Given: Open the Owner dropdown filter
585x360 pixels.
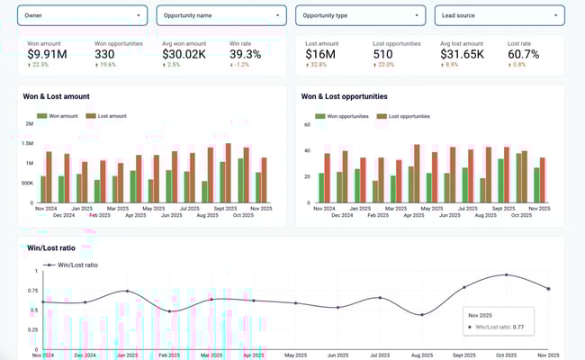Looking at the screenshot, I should coord(83,15).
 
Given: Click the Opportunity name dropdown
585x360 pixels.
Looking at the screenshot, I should coord(221,15).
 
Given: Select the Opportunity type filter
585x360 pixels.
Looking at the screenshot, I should coord(360,15).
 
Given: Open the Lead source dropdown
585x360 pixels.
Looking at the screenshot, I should coord(499,15).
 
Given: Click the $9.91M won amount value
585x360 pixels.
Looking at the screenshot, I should coord(47,56).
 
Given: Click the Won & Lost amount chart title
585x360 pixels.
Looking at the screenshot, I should coord(64,96).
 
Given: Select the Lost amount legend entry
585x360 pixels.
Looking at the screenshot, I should coord(110,116).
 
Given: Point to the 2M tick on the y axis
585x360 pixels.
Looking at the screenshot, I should coord(30,124).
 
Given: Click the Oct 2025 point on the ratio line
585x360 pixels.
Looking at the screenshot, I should coord(507,274).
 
